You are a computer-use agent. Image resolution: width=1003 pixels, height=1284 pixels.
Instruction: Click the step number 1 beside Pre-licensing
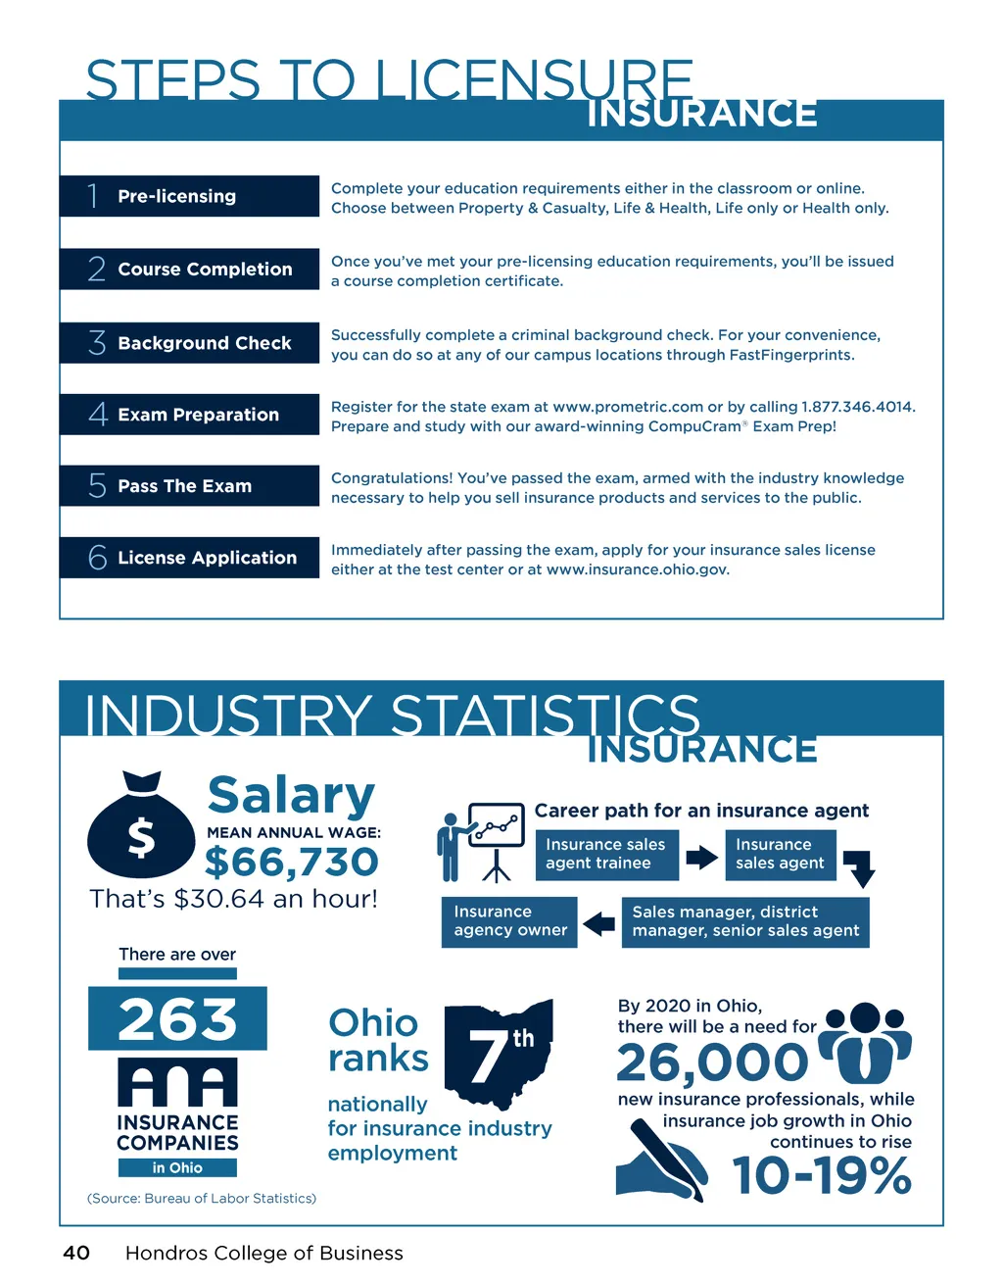[x=93, y=196]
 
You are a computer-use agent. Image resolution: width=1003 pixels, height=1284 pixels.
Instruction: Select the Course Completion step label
[x=205, y=270]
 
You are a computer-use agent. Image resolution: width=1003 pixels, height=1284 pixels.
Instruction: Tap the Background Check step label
[x=204, y=343]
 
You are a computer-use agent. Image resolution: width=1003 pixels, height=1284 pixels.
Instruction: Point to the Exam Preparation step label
[x=198, y=415]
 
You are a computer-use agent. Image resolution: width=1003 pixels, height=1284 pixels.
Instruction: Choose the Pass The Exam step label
[x=184, y=486]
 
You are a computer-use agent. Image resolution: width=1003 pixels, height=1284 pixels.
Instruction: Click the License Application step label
[x=207, y=558]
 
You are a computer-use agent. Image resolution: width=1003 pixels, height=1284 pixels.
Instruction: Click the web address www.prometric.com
[x=628, y=407]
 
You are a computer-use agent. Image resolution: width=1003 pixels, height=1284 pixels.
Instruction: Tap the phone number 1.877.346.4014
[x=857, y=407]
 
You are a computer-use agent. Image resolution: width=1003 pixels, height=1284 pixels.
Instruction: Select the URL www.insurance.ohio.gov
[x=637, y=569]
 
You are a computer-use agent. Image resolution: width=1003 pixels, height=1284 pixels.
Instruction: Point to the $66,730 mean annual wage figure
[x=291, y=863]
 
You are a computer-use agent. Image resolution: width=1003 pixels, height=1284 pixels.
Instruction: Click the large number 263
[x=177, y=1019]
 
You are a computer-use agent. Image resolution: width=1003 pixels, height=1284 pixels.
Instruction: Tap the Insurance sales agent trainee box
[x=606, y=854]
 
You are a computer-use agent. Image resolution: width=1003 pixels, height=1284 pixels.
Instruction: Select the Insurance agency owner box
[x=509, y=921]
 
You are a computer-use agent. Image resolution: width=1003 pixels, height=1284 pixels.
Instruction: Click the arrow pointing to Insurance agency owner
[x=598, y=923]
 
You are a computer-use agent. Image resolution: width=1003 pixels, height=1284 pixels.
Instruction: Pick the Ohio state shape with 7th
[x=500, y=1054]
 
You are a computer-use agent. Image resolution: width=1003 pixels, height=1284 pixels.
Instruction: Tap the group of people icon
[x=865, y=1042]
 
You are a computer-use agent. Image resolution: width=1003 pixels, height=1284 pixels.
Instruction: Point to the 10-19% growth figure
[x=822, y=1175]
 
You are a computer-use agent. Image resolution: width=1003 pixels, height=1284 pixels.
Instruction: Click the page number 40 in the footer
[x=76, y=1253]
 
